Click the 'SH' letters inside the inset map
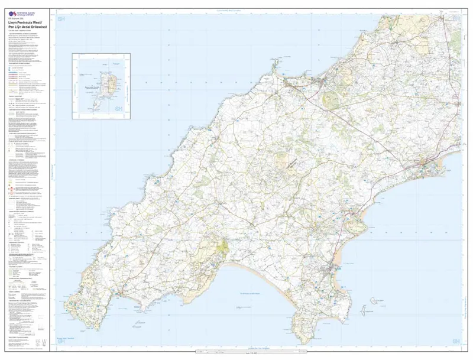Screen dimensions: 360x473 (118, 108)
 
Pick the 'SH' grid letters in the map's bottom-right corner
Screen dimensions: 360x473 (455, 341)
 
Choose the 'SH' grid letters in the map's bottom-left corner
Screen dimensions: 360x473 (61, 341)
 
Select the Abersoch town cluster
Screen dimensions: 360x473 (333, 270)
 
